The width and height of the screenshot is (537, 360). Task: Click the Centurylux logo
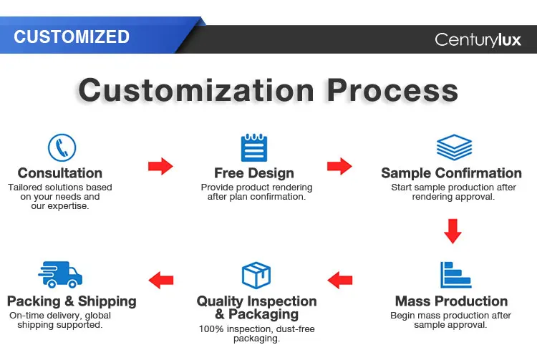(x=478, y=39)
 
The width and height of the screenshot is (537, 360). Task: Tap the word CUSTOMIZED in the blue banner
(x=72, y=37)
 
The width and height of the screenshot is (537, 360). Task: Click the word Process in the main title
(x=392, y=90)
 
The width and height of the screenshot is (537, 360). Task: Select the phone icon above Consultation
(x=62, y=147)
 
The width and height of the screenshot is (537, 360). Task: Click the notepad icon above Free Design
(x=254, y=147)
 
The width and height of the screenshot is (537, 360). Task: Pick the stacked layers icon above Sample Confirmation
(x=454, y=147)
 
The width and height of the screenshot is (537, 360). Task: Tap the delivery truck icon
(x=60, y=275)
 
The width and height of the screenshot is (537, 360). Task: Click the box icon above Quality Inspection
(x=256, y=275)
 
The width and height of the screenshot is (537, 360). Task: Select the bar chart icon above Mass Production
(x=455, y=275)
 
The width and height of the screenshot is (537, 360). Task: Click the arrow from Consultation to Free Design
(x=160, y=166)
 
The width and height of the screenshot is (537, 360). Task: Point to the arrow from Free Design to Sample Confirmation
(x=339, y=166)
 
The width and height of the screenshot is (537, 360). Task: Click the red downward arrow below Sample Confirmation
(x=453, y=231)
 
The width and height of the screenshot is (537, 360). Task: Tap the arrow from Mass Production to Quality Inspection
(x=339, y=281)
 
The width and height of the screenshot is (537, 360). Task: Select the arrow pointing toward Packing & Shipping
(x=161, y=281)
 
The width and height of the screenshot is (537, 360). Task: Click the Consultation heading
(x=60, y=173)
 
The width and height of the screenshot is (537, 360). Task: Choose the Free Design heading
(x=254, y=173)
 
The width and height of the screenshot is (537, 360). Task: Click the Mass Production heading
(x=451, y=301)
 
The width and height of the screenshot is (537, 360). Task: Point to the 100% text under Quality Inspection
(x=211, y=329)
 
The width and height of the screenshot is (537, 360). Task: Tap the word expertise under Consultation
(x=68, y=206)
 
